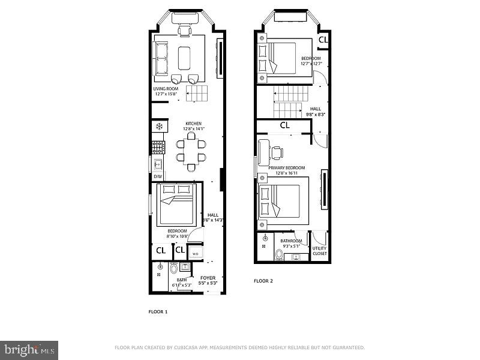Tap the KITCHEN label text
(193, 123)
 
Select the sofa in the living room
(161, 58)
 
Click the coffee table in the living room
(184, 58)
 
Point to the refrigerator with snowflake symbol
(159, 126)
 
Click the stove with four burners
(158, 147)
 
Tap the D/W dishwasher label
(158, 176)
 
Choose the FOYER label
(208, 278)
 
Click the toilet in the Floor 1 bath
(174, 268)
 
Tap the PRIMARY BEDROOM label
(287, 168)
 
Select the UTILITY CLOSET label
(320, 251)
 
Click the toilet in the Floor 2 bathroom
(279, 254)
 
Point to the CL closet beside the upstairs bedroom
(323, 40)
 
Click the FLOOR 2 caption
(263, 281)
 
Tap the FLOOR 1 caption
(158, 312)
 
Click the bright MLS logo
(29, 347)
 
